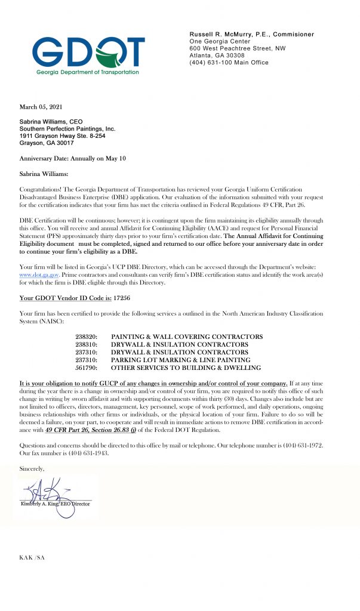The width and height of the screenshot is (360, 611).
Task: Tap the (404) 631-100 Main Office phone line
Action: pyautogui.click(x=229, y=63)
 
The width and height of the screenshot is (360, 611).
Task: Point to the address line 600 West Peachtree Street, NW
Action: pyautogui.click(x=237, y=48)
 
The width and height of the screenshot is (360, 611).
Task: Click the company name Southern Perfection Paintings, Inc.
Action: pyautogui.click(x=67, y=129)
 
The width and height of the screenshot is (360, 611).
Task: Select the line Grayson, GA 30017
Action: pyautogui.click(x=47, y=143)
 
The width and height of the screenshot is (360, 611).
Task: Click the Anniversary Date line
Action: pyautogui.click(x=73, y=158)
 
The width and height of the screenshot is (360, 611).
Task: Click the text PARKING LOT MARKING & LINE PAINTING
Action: pyautogui.click(x=180, y=360)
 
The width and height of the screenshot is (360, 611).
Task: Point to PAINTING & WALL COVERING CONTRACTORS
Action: pyautogui.click(x=187, y=337)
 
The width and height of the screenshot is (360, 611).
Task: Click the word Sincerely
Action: pyautogui.click(x=32, y=469)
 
